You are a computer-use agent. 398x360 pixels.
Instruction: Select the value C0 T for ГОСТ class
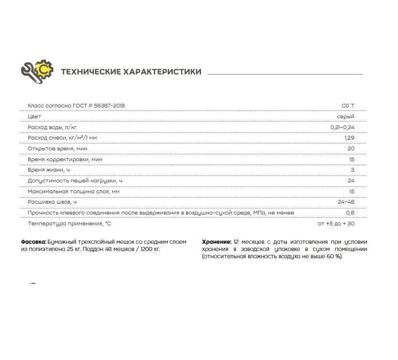tap(348, 106)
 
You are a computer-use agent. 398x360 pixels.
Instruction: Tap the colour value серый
tap(346, 117)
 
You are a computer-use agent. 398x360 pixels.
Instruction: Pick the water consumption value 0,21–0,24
tap(340, 127)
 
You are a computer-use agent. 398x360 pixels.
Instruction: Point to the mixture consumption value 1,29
tap(349, 138)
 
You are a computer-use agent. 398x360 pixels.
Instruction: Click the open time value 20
tap(351, 149)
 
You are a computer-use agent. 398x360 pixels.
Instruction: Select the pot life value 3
tap(352, 170)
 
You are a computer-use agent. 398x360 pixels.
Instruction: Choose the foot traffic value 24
tap(351, 181)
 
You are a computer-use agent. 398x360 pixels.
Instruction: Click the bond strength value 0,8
tap(350, 213)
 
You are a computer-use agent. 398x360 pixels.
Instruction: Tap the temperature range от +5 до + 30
tap(336, 224)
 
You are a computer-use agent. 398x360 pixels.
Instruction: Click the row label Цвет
tap(34, 117)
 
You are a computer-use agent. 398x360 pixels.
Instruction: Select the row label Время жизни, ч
tap(48, 170)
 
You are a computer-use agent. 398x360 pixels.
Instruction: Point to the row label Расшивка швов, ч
tap(52, 202)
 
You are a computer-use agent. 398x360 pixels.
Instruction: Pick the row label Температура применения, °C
tap(69, 224)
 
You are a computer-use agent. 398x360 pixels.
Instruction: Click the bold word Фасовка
tap(33, 242)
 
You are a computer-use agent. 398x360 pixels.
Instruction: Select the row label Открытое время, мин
tap(57, 149)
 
